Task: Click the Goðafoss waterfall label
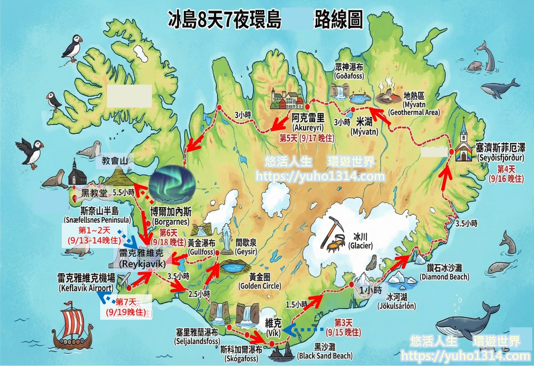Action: (x=349, y=71)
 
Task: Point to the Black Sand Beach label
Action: (x=325, y=351)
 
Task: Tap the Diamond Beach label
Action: (x=444, y=272)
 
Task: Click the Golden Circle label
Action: (x=260, y=281)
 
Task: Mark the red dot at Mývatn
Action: (x=353, y=109)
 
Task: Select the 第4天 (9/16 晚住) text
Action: (x=506, y=174)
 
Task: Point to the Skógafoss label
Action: (x=241, y=353)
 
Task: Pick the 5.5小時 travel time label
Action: (x=124, y=192)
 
